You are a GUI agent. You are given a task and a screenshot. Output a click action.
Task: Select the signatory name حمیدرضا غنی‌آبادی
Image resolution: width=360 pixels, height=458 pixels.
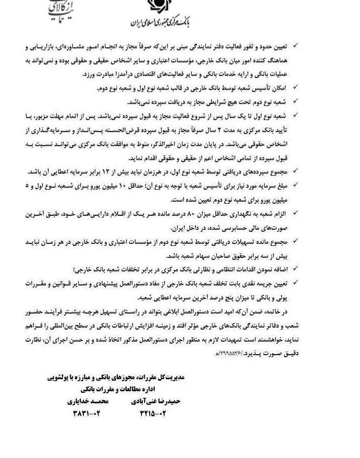click(156, 401)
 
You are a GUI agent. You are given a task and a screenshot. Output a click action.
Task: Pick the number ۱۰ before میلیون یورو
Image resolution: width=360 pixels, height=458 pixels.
click(133, 185)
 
